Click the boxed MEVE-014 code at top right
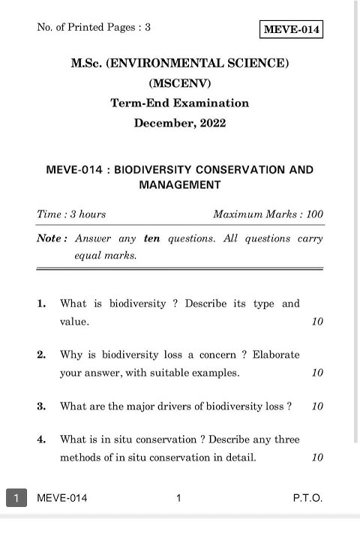tap(292, 30)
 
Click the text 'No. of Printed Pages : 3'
tap(94, 28)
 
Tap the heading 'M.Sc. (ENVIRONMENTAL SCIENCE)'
tap(180, 64)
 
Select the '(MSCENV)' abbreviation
tap(180, 83)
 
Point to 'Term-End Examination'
tap(180, 103)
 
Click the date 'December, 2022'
tap(180, 123)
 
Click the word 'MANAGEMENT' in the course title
tap(180, 184)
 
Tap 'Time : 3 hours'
tap(71, 214)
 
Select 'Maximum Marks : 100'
tap(268, 214)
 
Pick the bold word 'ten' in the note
tap(152, 238)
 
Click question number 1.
tap(42, 304)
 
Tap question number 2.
tap(42, 355)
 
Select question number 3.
tap(42, 406)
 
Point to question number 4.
tap(42, 439)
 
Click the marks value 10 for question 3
tap(317, 406)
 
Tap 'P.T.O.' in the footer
tap(307, 498)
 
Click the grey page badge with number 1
tap(16, 498)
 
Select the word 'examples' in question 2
tap(214, 373)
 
